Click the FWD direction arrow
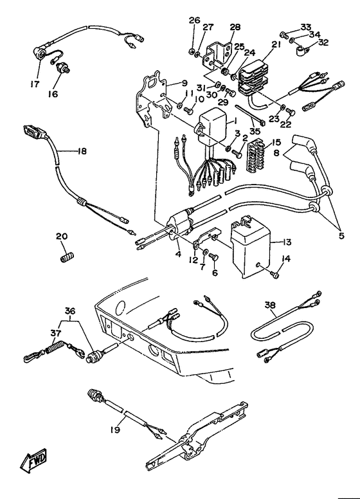click(33, 460)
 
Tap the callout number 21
click(276, 44)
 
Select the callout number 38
click(270, 305)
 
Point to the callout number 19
click(115, 430)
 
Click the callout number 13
click(287, 242)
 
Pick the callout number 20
click(62, 236)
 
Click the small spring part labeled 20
click(67, 256)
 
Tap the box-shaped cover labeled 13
click(251, 246)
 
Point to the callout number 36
click(70, 311)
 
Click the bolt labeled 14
click(276, 273)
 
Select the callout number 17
click(35, 84)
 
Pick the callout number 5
click(341, 237)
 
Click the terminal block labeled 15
click(256, 154)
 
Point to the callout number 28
click(235, 27)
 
